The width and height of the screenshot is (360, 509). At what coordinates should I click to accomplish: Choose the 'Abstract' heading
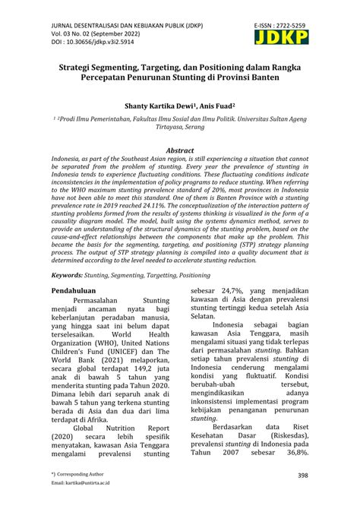tap(179, 151)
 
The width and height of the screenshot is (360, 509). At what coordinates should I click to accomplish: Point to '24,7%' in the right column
tap(227, 291)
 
